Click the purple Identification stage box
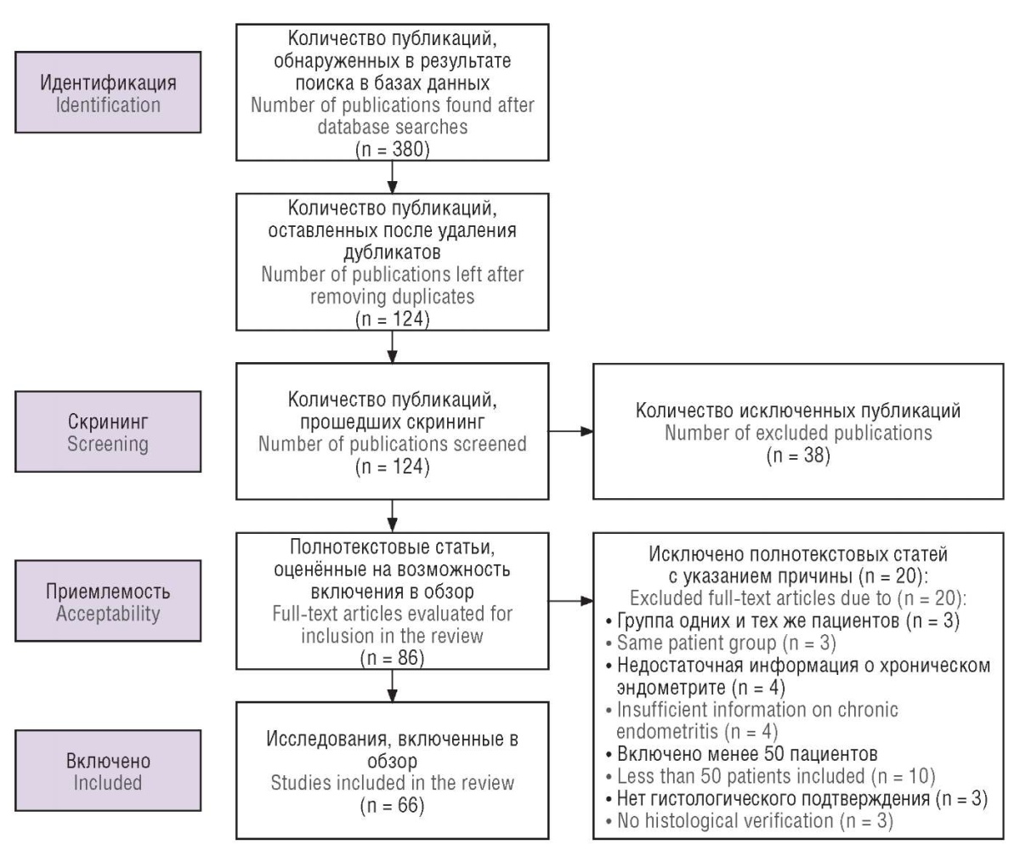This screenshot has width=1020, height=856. pyautogui.click(x=108, y=93)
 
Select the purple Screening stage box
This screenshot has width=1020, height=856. pyautogui.click(x=108, y=432)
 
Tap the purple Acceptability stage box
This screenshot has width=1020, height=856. pyautogui.click(x=108, y=601)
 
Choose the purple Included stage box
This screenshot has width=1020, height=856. pyautogui.click(x=108, y=770)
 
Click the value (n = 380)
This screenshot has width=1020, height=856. pyautogui.click(x=392, y=149)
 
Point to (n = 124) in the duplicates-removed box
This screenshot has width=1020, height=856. pyautogui.click(x=392, y=319)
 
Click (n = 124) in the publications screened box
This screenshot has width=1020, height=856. pyautogui.click(x=392, y=467)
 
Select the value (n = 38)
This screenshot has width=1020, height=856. pyautogui.click(x=798, y=456)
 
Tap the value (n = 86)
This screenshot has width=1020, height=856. pyautogui.click(x=392, y=658)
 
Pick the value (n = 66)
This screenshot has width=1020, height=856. pyautogui.click(x=392, y=805)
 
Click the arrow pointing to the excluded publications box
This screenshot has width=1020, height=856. pyautogui.click(x=571, y=432)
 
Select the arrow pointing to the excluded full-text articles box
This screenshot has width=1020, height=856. pyautogui.click(x=571, y=601)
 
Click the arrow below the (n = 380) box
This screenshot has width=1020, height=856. pyautogui.click(x=392, y=177)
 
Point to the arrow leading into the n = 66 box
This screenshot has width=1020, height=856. pyautogui.click(x=392, y=686)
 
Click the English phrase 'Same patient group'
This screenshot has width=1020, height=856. pyautogui.click(x=697, y=643)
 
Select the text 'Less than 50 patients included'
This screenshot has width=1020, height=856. pyautogui.click(x=740, y=776)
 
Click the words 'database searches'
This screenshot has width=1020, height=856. pyautogui.click(x=392, y=127)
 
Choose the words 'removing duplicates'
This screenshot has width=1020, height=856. pyautogui.click(x=392, y=297)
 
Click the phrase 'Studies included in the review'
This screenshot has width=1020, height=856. pyautogui.click(x=392, y=783)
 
